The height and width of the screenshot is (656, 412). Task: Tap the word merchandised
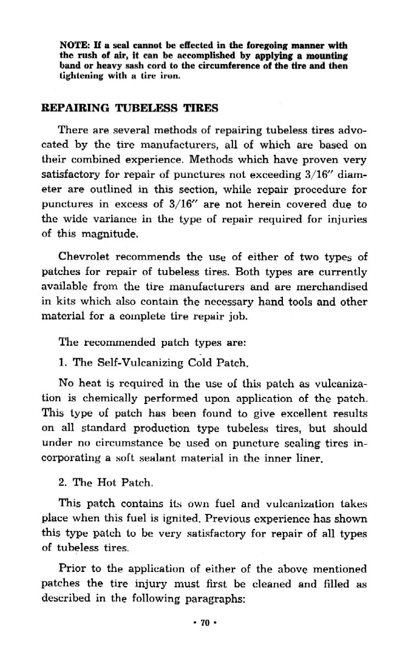331,287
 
